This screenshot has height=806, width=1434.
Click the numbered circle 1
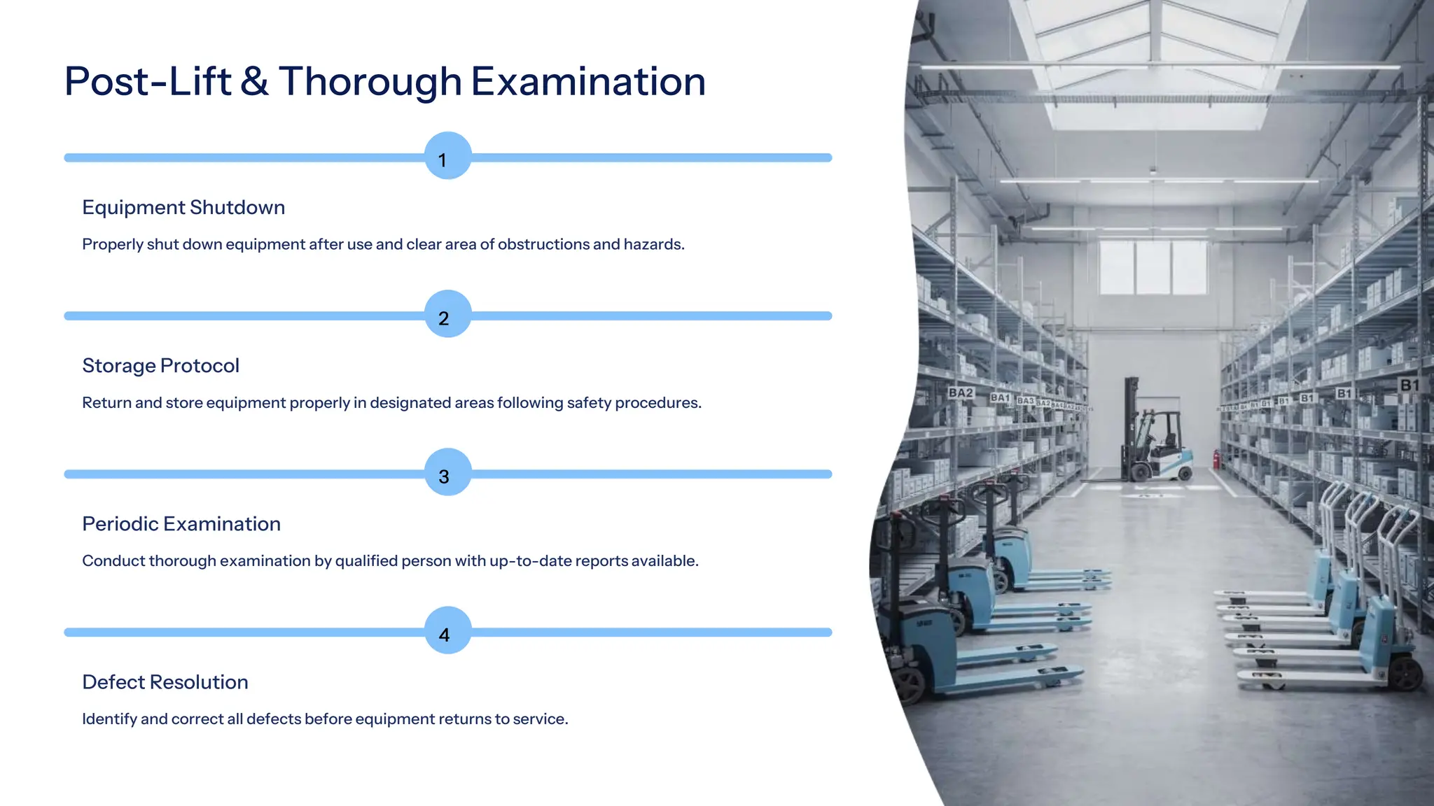pyautogui.click(x=448, y=156)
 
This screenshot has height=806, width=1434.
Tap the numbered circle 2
pyautogui.click(x=448, y=314)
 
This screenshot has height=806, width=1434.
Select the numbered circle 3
pyautogui.click(x=448, y=472)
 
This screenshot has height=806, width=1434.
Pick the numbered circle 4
pyautogui.click(x=448, y=630)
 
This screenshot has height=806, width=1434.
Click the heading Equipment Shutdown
pyautogui.click(x=183, y=208)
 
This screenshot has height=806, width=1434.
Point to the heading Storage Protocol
pyautogui.click(x=160, y=366)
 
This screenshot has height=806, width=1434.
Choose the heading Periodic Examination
pyautogui.click(x=181, y=524)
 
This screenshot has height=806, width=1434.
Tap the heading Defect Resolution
pyautogui.click(x=165, y=682)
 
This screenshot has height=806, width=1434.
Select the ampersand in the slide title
pyautogui.click(x=254, y=82)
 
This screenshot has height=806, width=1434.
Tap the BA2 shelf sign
pyautogui.click(x=961, y=393)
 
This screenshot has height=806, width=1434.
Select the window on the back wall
pyautogui.click(x=1152, y=267)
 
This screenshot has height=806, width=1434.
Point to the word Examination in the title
pyautogui.click(x=588, y=82)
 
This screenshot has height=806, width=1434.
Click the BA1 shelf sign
pyautogui.click(x=1000, y=397)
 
